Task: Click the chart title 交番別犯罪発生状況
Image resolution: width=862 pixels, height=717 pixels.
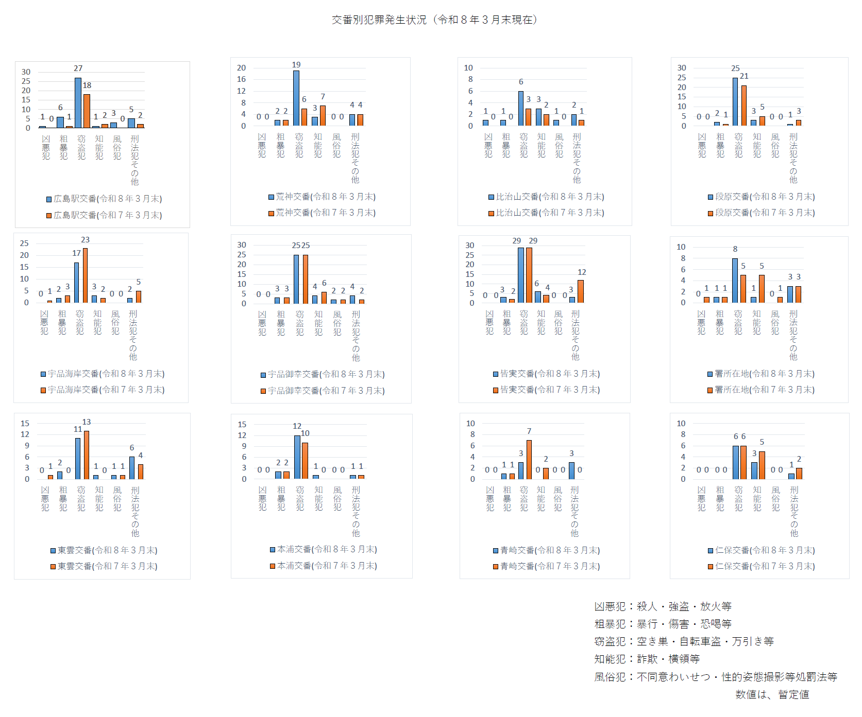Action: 434,20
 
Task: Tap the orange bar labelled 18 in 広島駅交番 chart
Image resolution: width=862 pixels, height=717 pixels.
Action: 87,111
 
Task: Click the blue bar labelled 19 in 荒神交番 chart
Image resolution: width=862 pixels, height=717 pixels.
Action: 296,98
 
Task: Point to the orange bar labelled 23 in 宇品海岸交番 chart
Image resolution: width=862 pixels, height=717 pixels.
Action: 86,275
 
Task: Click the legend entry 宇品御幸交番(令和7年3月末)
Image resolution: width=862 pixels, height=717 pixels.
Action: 323,391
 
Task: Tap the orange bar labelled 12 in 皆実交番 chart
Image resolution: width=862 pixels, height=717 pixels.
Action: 581,291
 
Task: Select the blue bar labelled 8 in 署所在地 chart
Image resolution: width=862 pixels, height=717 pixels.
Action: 735,281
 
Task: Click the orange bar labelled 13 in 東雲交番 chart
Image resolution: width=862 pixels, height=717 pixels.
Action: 87,455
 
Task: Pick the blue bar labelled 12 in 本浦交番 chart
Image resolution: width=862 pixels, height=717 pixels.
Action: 297,457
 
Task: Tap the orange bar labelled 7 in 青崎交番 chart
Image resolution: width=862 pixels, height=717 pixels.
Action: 529,460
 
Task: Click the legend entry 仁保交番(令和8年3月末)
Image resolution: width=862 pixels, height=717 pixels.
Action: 762,550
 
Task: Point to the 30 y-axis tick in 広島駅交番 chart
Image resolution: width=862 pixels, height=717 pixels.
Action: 26,72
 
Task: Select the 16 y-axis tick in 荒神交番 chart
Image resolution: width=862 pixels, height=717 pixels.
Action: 241,79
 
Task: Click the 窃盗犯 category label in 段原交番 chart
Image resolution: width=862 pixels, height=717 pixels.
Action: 739,145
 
